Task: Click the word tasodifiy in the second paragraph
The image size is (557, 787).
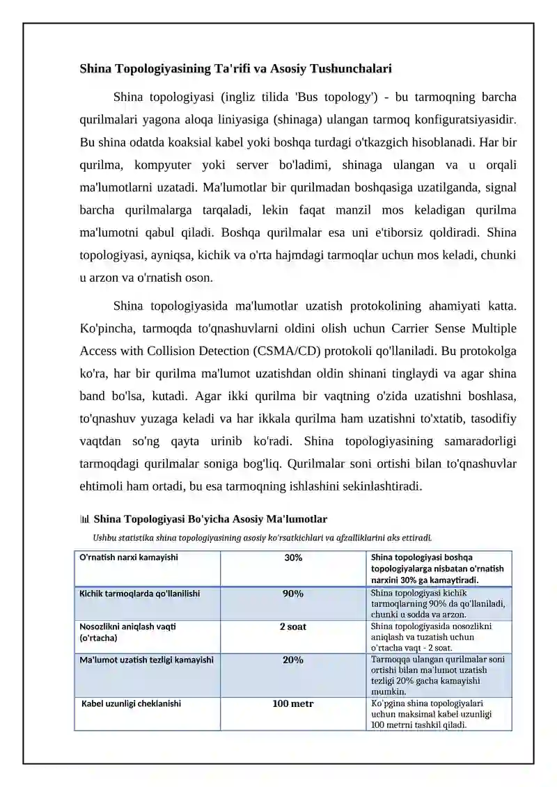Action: pyautogui.click(x=489, y=418)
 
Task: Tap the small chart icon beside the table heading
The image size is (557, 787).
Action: pyautogui.click(x=85, y=519)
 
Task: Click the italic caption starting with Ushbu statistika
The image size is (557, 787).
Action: pyautogui.click(x=262, y=537)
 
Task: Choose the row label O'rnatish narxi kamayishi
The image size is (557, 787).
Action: pyautogui.click(x=129, y=557)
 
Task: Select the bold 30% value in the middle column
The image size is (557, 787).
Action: pyautogui.click(x=293, y=558)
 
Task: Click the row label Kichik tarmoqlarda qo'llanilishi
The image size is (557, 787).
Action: pyautogui.click(x=140, y=594)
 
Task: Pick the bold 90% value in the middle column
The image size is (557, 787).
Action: pyautogui.click(x=293, y=594)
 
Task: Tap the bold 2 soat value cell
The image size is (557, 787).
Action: pyautogui.click(x=293, y=627)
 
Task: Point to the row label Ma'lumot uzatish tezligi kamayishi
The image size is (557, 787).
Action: pyautogui.click(x=146, y=660)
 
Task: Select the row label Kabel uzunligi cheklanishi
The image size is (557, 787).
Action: pyautogui.click(x=132, y=703)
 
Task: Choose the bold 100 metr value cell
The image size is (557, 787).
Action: pyautogui.click(x=293, y=704)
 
